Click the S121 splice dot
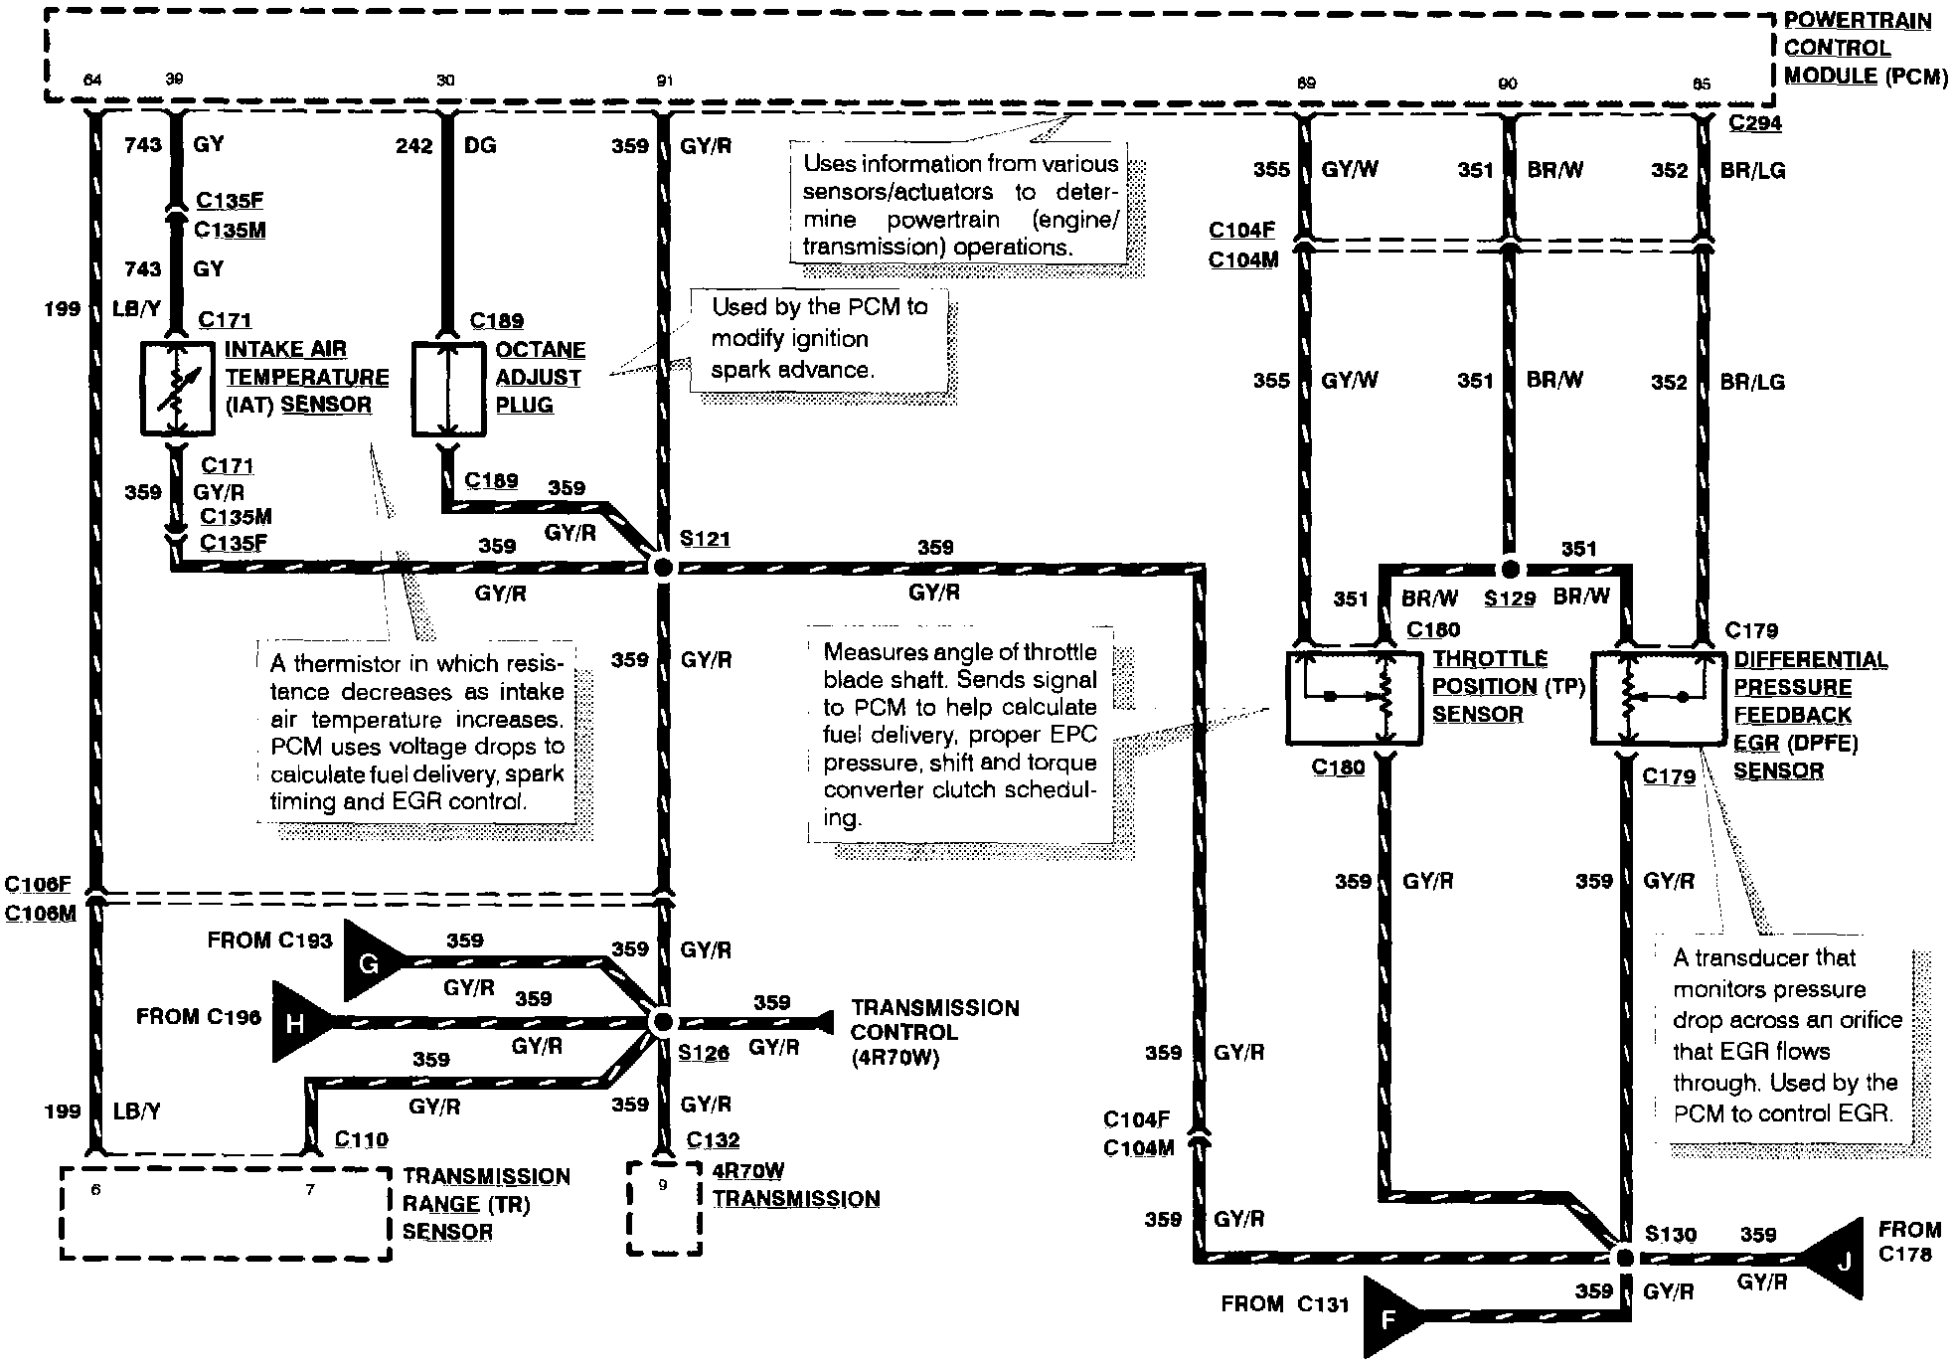tap(661, 568)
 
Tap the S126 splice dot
tap(661, 1022)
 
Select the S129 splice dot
tap(1510, 570)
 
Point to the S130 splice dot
tap(1624, 1258)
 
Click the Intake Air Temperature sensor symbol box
tap(178, 389)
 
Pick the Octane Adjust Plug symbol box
tap(449, 389)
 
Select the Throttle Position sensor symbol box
tap(1354, 698)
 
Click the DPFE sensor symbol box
tap(1659, 698)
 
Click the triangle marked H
tap(297, 1022)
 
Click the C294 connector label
tap(1755, 123)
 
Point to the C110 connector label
tap(361, 1139)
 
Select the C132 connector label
tap(713, 1139)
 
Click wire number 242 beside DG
tap(413, 146)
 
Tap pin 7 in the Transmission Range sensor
tap(310, 1189)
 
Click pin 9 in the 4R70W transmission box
tap(663, 1185)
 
